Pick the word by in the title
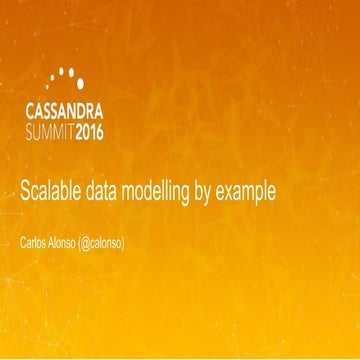pos(218,192)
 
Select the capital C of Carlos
pos(24,243)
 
